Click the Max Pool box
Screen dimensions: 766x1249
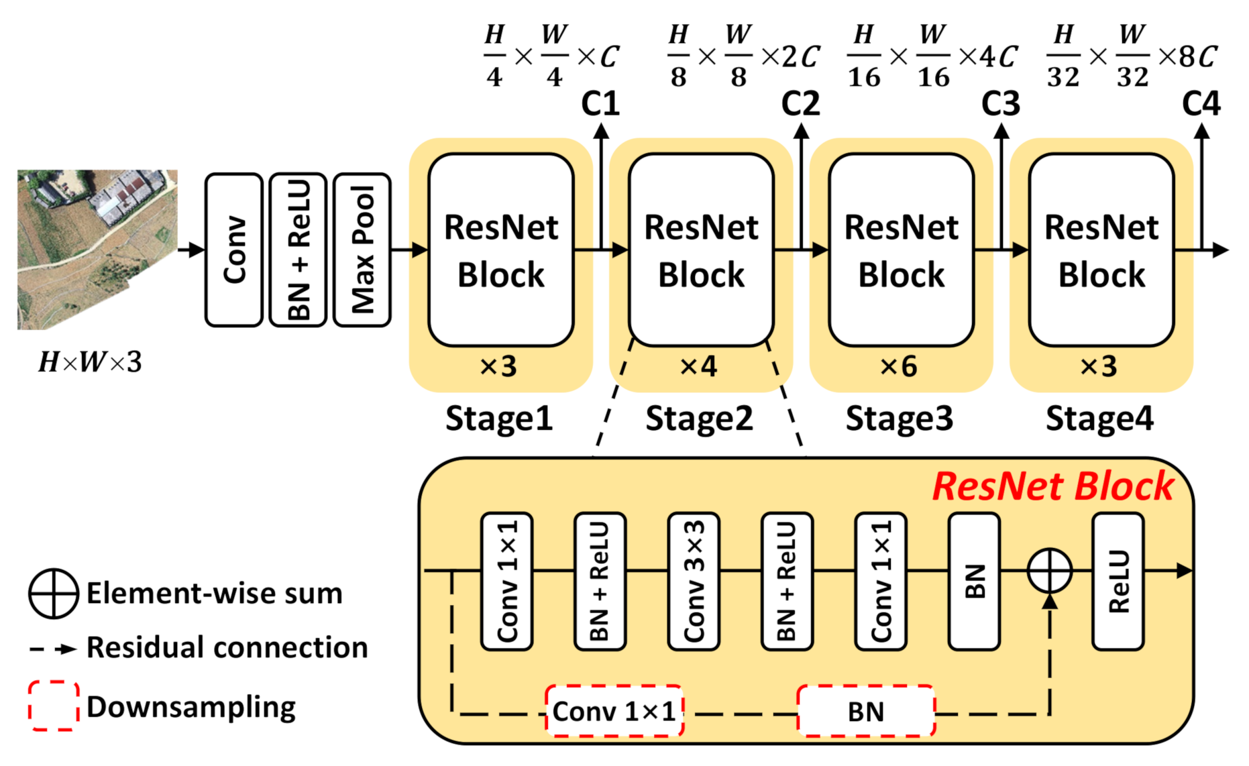pyautogui.click(x=362, y=250)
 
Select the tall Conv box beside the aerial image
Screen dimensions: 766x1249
pyautogui.click(x=233, y=250)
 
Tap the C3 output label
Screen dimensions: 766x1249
pyautogui.click(x=1000, y=104)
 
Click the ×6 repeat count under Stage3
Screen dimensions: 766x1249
pyautogui.click(x=898, y=367)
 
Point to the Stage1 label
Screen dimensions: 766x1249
pyautogui.click(x=499, y=419)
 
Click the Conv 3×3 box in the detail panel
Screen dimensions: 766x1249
pyautogui.click(x=694, y=582)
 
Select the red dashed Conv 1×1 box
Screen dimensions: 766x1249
pyautogui.click(x=614, y=711)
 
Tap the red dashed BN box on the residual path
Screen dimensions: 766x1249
pyautogui.click(x=866, y=711)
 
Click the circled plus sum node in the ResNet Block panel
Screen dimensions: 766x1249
pyautogui.click(x=1050, y=571)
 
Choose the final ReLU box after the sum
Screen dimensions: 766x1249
pyautogui.click(x=1118, y=582)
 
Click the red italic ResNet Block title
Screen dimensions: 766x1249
pyautogui.click(x=1052, y=486)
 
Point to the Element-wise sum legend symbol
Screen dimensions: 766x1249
pyautogui.click(x=54, y=594)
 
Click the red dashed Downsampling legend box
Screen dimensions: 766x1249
pyautogui.click(x=54, y=706)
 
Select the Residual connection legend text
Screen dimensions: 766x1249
pyautogui.click(x=227, y=648)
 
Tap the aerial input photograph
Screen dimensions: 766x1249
pyautogui.click(x=97, y=250)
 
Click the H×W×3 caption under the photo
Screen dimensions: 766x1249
pyautogui.click(x=90, y=363)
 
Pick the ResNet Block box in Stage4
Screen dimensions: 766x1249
pyautogui.click(x=1101, y=250)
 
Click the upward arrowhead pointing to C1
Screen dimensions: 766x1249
pyautogui.click(x=601, y=131)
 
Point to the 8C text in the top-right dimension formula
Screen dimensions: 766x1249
pyautogui.click(x=1197, y=56)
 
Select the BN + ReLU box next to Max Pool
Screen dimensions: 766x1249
pyautogui.click(x=298, y=250)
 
